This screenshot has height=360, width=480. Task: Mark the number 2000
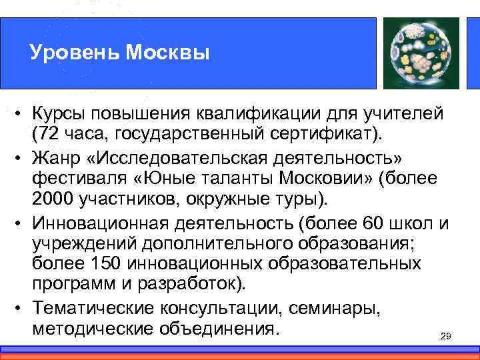(54, 200)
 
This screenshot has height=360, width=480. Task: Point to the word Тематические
(97, 307)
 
